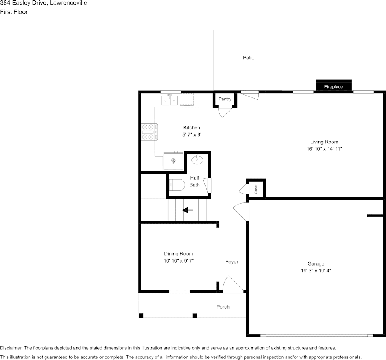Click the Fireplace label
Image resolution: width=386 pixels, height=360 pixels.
click(333, 87)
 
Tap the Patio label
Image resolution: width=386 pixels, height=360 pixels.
click(249, 57)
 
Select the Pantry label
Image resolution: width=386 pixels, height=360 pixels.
click(225, 99)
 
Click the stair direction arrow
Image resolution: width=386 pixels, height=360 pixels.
click(188, 210)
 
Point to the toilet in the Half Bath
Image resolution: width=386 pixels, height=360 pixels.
click(177, 185)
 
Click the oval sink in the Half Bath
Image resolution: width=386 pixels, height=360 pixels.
click(197, 160)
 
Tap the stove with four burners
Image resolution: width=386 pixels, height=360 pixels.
click(150, 132)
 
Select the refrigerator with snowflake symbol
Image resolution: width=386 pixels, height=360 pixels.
click(174, 161)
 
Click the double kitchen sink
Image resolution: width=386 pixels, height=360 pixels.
click(170, 100)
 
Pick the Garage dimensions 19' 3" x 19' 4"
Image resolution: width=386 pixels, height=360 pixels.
click(316, 271)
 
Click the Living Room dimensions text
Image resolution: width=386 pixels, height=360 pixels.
click(324, 149)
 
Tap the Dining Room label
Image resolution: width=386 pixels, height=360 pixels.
click(179, 254)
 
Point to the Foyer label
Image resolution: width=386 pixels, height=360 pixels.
click(232, 262)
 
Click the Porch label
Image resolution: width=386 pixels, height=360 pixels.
click(223, 307)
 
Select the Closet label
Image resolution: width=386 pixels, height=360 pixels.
click(256, 189)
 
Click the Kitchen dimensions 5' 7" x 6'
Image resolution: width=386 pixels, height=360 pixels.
click(192, 135)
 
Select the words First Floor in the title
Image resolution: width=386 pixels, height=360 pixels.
click(14, 12)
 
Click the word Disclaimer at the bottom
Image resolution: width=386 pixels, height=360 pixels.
click(11, 348)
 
